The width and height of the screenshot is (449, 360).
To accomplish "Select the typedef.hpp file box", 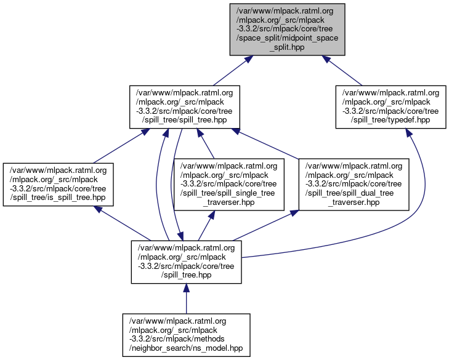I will click(x=387, y=106).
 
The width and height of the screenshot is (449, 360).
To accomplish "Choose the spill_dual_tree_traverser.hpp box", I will click(x=354, y=183).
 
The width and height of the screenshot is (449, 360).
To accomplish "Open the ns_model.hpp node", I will click(x=186, y=335).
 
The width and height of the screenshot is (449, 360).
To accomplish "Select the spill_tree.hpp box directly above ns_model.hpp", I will click(x=186, y=262).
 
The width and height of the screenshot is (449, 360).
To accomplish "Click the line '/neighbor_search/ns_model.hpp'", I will click(x=186, y=348).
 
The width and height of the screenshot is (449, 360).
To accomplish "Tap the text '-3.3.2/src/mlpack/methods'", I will click(x=186, y=339).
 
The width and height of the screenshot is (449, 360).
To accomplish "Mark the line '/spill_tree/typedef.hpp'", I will click(x=387, y=120).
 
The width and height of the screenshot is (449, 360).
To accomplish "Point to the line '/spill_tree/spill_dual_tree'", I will click(x=354, y=193).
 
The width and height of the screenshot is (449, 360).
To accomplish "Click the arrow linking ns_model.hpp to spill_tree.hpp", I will click(x=186, y=299).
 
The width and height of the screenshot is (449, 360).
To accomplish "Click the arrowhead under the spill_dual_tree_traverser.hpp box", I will click(x=294, y=212).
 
